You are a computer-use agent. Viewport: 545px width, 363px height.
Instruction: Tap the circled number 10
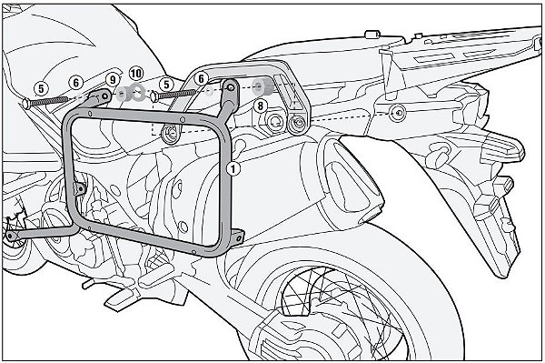136,73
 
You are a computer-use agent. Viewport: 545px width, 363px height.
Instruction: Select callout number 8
260,106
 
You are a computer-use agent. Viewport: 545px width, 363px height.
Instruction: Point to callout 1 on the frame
234,167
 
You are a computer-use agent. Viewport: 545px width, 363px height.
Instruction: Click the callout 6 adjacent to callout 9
77,82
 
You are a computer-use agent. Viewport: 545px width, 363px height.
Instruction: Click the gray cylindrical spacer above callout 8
263,88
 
